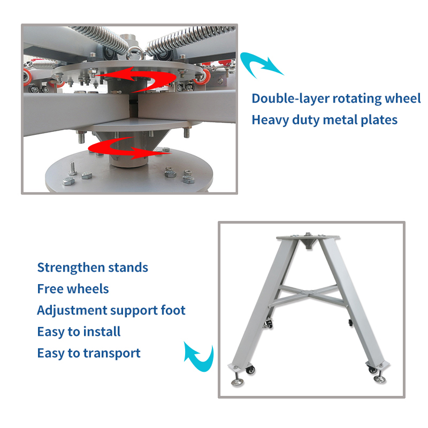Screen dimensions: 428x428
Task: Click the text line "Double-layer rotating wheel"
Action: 336,99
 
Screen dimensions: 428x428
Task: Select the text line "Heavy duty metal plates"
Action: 324,120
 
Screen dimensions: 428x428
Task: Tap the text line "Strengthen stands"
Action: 93,267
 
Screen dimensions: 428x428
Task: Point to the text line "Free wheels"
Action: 73,289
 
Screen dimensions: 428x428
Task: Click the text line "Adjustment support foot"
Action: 111,311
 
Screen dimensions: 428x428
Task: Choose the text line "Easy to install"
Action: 79,332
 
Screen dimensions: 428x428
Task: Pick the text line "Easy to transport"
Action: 89,354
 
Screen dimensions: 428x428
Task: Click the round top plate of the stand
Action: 308,236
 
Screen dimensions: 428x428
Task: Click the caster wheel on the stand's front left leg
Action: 250,370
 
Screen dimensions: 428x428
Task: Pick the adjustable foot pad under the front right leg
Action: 380,379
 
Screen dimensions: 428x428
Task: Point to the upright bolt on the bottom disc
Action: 72,169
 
